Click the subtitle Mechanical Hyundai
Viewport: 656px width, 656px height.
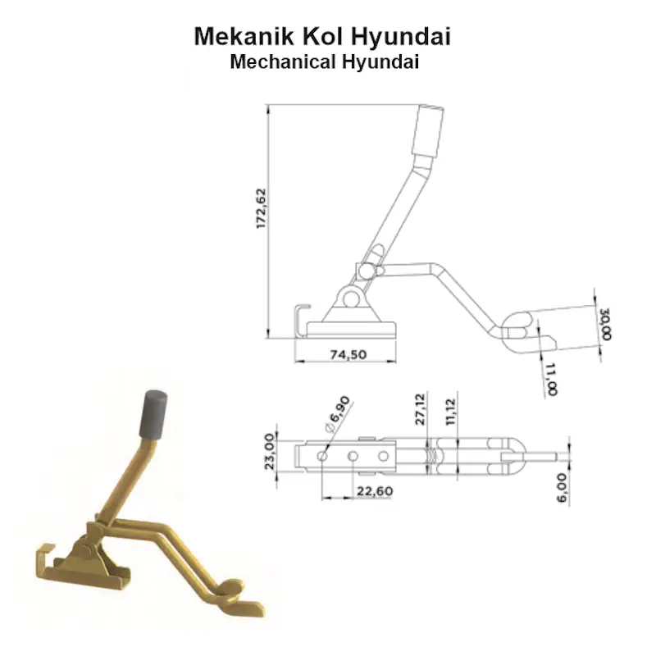click(325, 61)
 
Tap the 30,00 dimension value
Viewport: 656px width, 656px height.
click(605, 324)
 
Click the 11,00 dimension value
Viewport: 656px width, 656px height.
click(550, 379)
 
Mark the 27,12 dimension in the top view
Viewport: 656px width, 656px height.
click(420, 409)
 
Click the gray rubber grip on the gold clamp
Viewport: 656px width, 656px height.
click(155, 413)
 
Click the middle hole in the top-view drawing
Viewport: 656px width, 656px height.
click(352, 455)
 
